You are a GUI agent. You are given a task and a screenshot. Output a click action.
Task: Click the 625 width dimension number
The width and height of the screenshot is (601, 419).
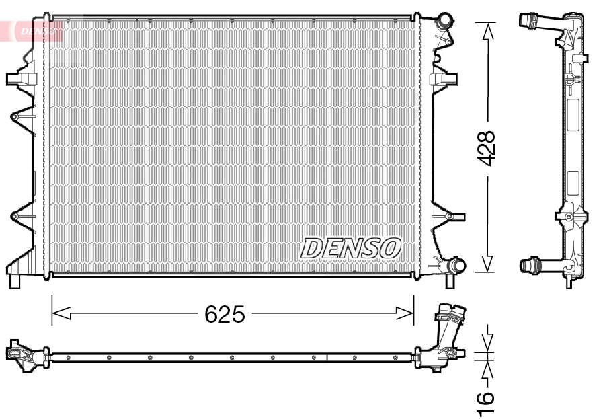pos(225,314)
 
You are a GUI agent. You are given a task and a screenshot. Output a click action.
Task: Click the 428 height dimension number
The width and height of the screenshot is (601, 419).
pos(485,148)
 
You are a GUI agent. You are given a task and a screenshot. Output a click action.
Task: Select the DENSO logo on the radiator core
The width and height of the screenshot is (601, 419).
pos(351,247)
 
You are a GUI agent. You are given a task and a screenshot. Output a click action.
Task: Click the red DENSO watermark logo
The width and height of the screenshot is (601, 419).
pos(35,30)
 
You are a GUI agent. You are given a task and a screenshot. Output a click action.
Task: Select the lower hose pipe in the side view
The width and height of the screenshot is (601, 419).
pos(537,265)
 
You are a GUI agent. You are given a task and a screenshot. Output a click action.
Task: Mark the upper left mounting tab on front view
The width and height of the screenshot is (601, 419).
pos(16,79)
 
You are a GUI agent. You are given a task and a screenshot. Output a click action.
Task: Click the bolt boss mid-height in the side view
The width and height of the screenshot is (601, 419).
pos(568,217)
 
